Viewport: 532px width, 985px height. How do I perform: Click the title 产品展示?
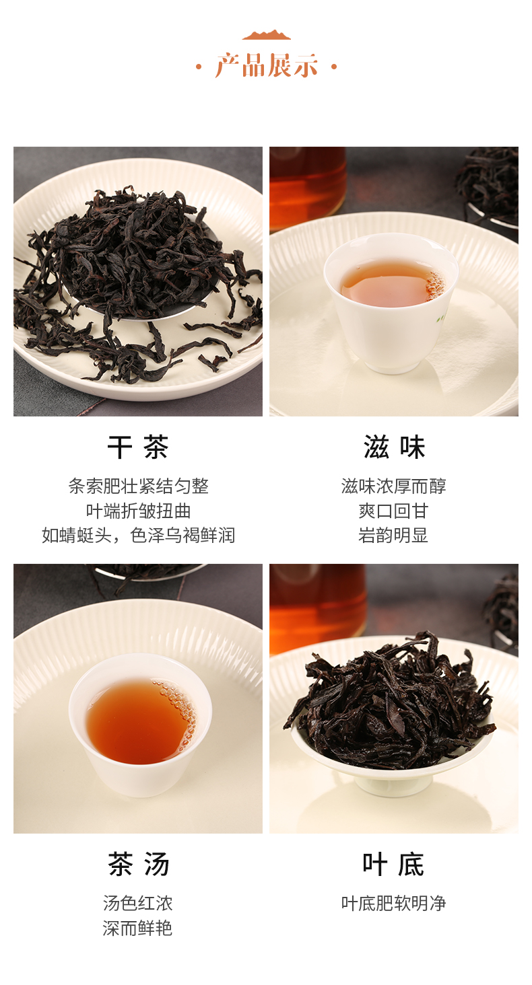tap(266, 67)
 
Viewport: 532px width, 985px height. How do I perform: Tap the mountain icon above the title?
tap(266, 35)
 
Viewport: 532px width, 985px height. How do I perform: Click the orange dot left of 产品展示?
tap(199, 67)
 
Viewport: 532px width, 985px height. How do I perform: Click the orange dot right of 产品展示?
tap(334, 67)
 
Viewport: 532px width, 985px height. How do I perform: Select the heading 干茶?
tap(138, 447)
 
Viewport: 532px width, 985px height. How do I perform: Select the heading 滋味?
tap(394, 447)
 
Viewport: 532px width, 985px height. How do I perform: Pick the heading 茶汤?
tap(138, 864)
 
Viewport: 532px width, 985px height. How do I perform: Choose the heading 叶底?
tap(394, 864)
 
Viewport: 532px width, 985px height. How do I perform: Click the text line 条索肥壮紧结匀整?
tap(138, 486)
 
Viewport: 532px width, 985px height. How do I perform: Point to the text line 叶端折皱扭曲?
tap(138, 511)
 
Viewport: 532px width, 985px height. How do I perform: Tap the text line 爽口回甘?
tap(394, 511)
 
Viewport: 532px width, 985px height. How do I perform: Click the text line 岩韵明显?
tap(394, 536)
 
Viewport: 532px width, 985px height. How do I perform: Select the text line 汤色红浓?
tap(138, 903)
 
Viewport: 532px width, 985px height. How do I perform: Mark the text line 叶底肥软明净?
tap(394, 903)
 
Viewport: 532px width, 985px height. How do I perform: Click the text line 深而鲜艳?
tap(138, 928)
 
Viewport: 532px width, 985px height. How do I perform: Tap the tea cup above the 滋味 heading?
tap(391, 303)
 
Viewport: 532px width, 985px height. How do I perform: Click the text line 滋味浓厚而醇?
tap(394, 486)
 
